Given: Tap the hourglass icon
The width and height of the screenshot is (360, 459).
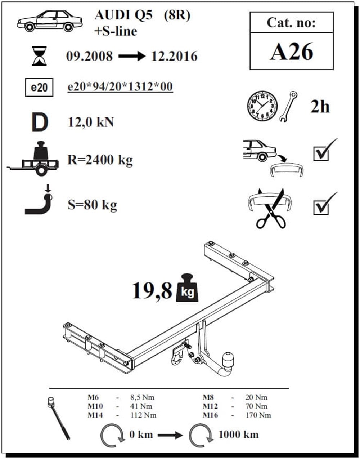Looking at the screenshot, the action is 39,56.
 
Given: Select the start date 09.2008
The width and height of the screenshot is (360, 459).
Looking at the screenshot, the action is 90,56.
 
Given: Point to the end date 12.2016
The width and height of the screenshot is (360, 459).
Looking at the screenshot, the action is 174,56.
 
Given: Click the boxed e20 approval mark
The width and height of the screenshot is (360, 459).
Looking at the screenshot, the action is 39,87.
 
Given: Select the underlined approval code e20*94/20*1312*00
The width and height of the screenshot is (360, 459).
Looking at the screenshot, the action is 120,86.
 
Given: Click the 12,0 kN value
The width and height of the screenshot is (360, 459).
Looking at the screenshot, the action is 91,122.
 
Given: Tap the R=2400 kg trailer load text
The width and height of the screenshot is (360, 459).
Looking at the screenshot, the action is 100,160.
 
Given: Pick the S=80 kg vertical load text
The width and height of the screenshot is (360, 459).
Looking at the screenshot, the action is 92,205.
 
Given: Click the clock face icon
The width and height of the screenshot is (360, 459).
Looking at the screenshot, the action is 262,106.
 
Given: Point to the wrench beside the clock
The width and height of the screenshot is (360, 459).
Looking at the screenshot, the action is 288,106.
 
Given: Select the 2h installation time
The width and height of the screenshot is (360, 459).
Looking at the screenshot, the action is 320,107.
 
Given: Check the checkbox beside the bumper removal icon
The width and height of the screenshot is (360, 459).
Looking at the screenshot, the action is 321,154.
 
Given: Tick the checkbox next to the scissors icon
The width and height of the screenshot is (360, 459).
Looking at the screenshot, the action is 321,208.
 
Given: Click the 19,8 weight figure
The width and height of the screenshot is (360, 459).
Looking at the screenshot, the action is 152,291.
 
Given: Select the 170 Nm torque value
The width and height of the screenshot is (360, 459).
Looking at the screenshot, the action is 258,415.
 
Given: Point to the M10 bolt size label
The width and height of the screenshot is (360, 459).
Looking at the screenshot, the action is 95,406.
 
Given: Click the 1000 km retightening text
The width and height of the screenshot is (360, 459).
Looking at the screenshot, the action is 238,435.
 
